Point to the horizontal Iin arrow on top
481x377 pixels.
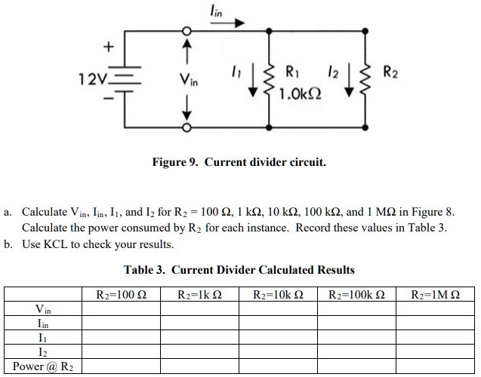(227, 23)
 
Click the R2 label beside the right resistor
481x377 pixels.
(391, 73)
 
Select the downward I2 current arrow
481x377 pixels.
(348, 85)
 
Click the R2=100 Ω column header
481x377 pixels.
(122, 294)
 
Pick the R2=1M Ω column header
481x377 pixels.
(434, 294)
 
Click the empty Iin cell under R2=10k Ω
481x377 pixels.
(278, 323)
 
